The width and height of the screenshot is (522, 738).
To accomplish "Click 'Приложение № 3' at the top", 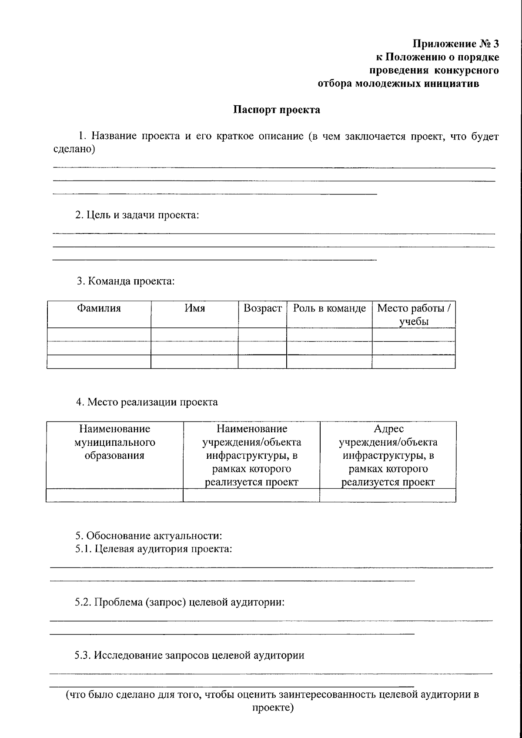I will coord(455,44).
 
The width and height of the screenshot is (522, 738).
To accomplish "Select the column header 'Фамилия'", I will coord(99,308).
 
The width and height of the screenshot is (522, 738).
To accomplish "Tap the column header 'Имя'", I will coord(194,308).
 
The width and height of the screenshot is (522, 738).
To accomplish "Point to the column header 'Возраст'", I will coord(262,308).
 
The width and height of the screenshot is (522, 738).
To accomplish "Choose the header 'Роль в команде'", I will coord(329,308).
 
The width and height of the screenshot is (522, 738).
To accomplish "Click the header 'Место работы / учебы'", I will coord(414,315).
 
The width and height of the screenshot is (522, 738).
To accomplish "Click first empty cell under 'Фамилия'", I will coord(99,335).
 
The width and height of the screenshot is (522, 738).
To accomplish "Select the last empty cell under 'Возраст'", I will coord(262,362).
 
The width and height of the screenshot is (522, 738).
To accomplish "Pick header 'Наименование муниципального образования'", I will coord(114,442).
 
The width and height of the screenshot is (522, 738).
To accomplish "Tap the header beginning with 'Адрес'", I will coord(388,455).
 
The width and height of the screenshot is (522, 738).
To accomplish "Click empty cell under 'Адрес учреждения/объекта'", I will coord(388,495).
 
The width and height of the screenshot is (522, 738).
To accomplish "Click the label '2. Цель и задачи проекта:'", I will coord(137,215).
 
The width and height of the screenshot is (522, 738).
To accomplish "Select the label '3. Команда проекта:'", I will coord(125,281).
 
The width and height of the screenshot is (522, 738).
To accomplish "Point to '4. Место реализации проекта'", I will coord(147,402).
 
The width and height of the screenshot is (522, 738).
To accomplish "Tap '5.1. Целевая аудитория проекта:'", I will coord(153,549).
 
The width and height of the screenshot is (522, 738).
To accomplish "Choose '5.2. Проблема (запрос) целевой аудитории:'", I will coord(179,602).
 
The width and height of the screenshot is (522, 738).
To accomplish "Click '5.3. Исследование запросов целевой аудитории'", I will coord(189,655).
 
